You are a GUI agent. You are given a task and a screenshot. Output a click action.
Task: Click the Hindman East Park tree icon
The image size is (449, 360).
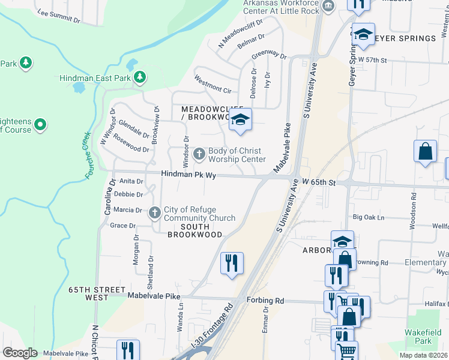click(139, 77)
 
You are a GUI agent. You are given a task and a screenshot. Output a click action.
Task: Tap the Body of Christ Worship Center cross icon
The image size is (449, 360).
click(199, 155)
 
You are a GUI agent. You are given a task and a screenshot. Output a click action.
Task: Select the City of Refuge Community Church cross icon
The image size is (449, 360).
click(154, 212)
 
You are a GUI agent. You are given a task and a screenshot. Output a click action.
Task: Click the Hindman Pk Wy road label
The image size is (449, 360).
click(188, 174)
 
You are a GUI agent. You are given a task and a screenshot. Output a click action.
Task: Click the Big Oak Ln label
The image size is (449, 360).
click(368, 217)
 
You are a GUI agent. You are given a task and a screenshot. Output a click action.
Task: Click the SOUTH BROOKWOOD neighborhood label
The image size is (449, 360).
click(195, 230)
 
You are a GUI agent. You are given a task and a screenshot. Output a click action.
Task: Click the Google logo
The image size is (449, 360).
click(20, 352)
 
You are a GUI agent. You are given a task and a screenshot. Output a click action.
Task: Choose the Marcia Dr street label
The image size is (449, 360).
click(127, 210)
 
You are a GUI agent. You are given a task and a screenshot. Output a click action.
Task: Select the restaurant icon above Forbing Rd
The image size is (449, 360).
click(232, 263)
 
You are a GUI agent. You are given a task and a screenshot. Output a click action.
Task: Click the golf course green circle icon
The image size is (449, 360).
click(40, 125)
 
